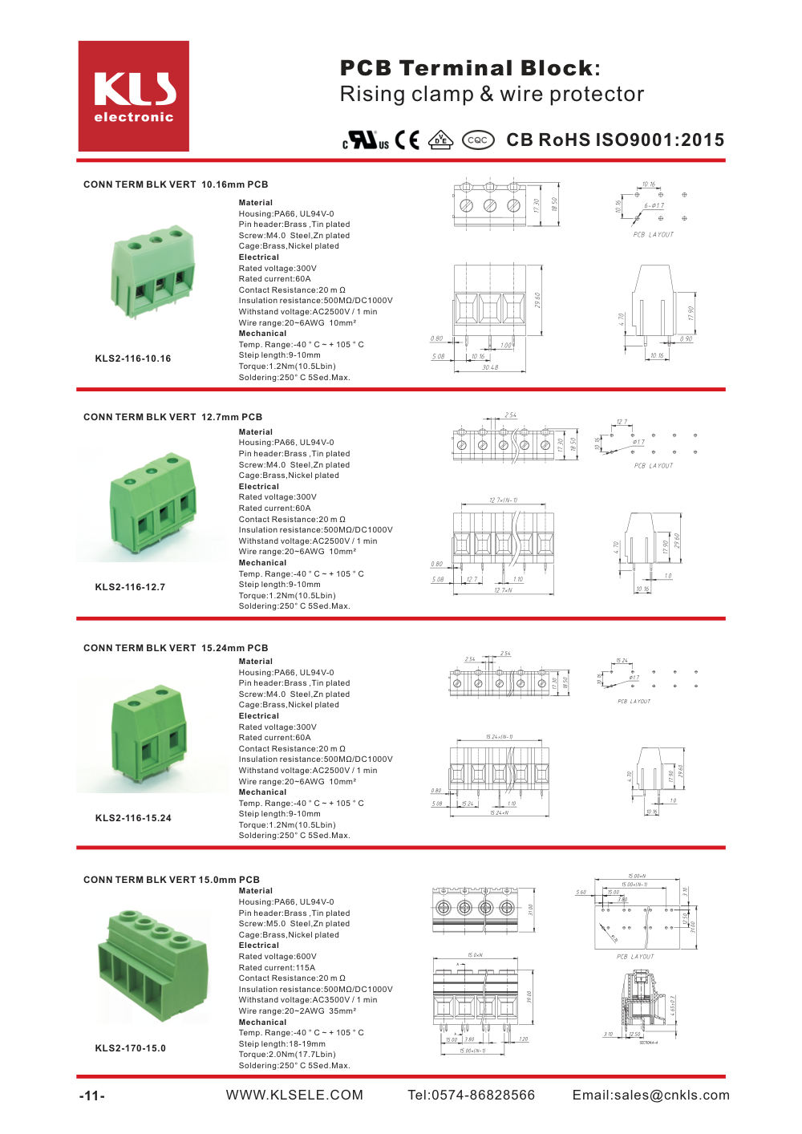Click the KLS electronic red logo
[x=134, y=96]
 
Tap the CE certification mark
[x=407, y=140]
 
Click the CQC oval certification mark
[x=478, y=140]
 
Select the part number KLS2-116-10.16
[x=133, y=358]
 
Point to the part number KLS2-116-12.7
[x=130, y=587]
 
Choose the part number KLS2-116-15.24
[x=133, y=818]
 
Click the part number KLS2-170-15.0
[x=131, y=1048]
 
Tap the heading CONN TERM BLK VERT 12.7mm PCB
[x=172, y=417]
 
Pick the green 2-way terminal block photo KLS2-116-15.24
[x=149, y=736]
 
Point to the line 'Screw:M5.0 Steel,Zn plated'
[x=294, y=924]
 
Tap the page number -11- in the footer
[x=91, y=1096]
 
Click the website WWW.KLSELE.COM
[x=294, y=1096]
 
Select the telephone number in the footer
[x=471, y=1096]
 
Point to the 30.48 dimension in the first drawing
[x=490, y=368]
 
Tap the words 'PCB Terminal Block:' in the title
[x=470, y=68]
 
